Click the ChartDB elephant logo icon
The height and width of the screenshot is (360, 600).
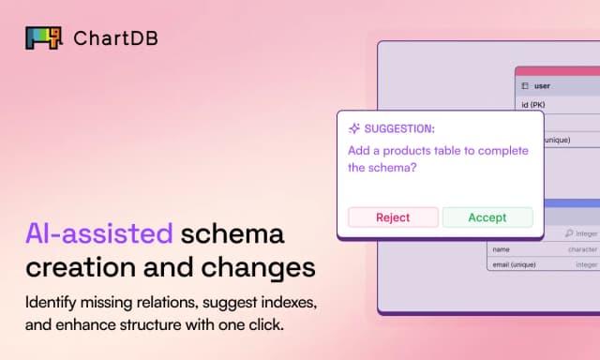tap(44, 37)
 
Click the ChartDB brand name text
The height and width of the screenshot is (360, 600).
tap(115, 38)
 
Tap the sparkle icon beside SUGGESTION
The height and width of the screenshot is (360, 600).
tap(354, 128)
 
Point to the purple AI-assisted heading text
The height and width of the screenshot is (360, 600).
tap(99, 233)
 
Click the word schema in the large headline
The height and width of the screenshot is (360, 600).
tap(232, 233)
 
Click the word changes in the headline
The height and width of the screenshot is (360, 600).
tap(259, 267)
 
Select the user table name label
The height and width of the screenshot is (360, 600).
tap(542, 86)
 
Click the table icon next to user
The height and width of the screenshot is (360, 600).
tap(525, 86)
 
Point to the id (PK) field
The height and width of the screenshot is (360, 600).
tap(533, 105)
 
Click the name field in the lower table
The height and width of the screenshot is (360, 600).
tap(501, 249)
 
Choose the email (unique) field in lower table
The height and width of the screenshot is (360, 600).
tap(514, 264)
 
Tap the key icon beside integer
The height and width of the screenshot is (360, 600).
tap(569, 233)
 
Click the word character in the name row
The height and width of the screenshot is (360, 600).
tap(583, 249)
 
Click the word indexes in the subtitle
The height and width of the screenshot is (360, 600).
tap(289, 303)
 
